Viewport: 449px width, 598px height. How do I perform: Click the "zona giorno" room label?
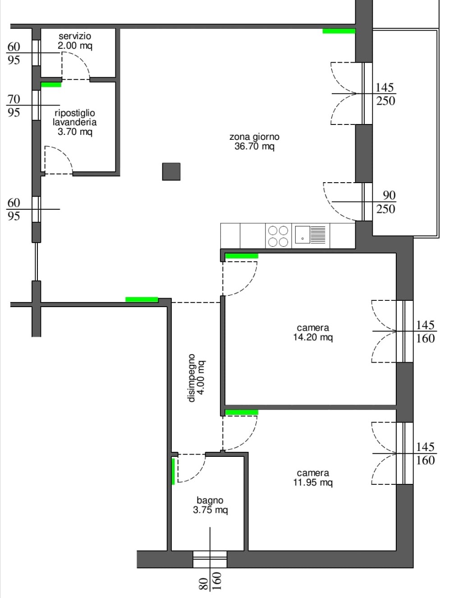click(254, 137)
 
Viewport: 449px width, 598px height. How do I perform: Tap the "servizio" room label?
click(75, 36)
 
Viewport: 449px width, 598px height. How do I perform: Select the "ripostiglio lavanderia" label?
click(74, 117)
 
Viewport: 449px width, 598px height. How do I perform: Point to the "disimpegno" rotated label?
click(192, 378)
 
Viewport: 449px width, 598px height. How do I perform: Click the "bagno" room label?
click(210, 500)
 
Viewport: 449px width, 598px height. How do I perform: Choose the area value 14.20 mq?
click(313, 337)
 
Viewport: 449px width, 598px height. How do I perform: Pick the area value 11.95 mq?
click(313, 483)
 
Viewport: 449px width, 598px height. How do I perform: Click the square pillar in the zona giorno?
click(171, 172)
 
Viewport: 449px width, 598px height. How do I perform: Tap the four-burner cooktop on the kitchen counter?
click(278, 236)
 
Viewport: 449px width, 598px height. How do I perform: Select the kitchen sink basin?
click(302, 235)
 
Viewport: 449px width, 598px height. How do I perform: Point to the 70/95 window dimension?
click(14, 106)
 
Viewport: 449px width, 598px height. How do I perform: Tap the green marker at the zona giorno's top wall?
click(339, 31)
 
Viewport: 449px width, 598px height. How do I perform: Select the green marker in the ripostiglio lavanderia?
click(51, 85)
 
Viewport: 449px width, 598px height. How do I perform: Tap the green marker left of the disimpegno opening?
click(142, 299)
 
